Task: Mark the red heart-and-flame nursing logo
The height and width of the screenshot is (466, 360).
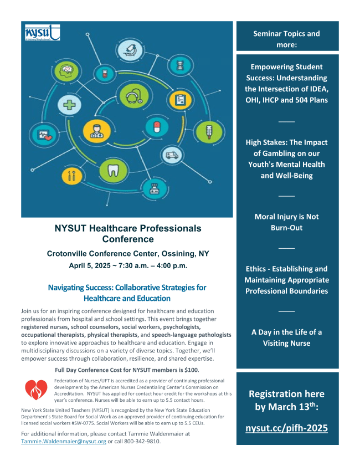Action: click(x=36, y=388)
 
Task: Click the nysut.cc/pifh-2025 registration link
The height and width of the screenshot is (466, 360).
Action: click(x=287, y=428)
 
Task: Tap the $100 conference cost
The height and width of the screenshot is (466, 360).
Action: click(x=190, y=370)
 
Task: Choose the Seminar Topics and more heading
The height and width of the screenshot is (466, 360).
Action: click(x=287, y=39)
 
